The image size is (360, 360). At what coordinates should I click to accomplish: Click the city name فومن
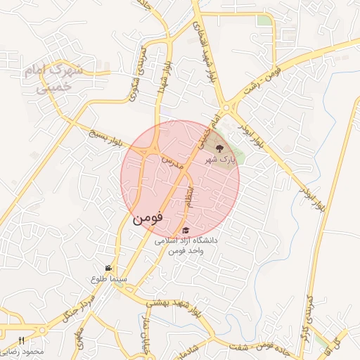point(148,219)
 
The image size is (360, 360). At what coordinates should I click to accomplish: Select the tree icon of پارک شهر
point(219,148)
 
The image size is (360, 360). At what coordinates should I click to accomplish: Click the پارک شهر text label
point(219,160)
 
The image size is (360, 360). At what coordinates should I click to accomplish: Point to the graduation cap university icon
point(186,230)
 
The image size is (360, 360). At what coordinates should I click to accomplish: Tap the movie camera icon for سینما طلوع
point(108,268)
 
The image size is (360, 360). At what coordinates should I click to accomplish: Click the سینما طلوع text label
point(108,278)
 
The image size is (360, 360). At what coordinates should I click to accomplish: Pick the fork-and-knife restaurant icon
point(22,341)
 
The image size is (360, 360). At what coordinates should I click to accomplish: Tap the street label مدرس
point(173,163)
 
